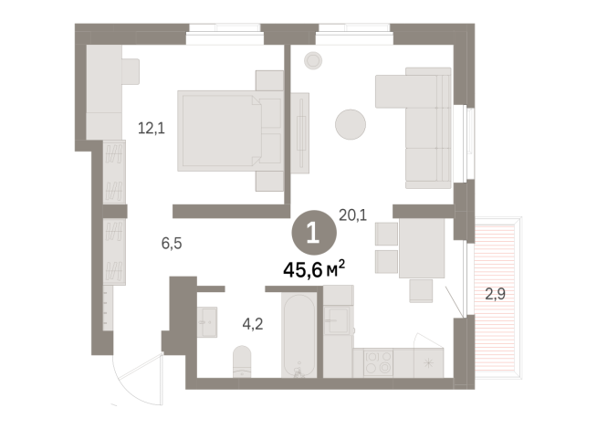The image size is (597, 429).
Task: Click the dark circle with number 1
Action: click(x=312, y=232)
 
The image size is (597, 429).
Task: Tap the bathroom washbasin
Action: click(x=205, y=320)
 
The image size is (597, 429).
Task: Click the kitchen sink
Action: click(x=337, y=319)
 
